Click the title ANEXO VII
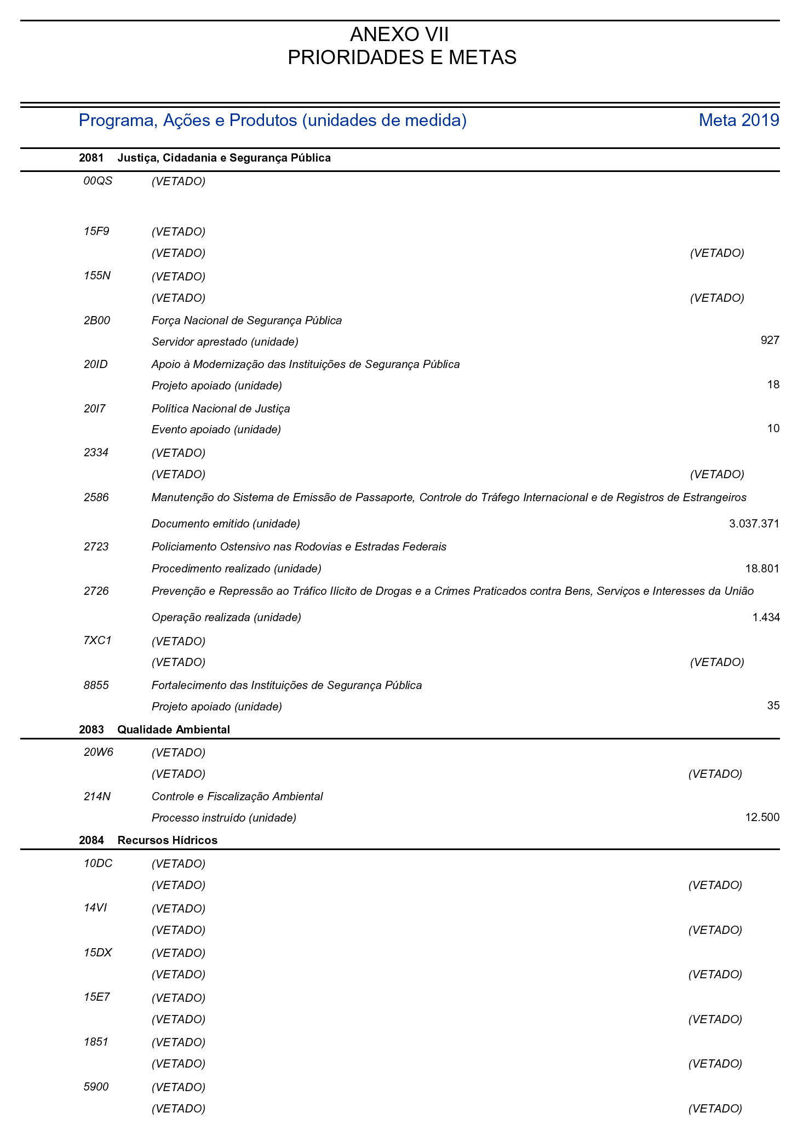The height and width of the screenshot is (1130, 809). click(x=399, y=35)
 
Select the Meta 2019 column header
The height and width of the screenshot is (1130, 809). click(x=738, y=120)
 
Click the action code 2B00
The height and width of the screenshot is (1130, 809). click(x=97, y=320)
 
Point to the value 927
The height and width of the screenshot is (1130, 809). click(x=770, y=341)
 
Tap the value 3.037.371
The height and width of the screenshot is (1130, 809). click(x=754, y=524)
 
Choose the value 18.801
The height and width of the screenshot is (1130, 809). click(x=762, y=569)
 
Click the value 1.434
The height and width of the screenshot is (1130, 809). click(x=766, y=617)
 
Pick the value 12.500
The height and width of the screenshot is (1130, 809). click(x=762, y=818)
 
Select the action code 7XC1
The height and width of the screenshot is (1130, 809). click(x=97, y=640)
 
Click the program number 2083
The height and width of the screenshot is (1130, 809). click(x=91, y=730)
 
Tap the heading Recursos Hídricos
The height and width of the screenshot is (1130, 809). click(x=167, y=840)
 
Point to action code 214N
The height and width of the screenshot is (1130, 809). click(x=97, y=796)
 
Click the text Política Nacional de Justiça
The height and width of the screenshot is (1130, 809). click(x=221, y=409)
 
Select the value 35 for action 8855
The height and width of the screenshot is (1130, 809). click(x=773, y=705)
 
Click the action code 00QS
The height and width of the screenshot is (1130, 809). click(x=98, y=181)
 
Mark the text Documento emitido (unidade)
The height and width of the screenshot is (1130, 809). click(x=226, y=524)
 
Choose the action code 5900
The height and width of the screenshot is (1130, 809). click(x=96, y=1087)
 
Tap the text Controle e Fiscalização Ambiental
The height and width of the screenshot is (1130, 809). click(x=237, y=796)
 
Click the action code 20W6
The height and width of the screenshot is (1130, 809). click(x=99, y=752)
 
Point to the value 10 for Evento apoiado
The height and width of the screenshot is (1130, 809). click(x=773, y=428)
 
